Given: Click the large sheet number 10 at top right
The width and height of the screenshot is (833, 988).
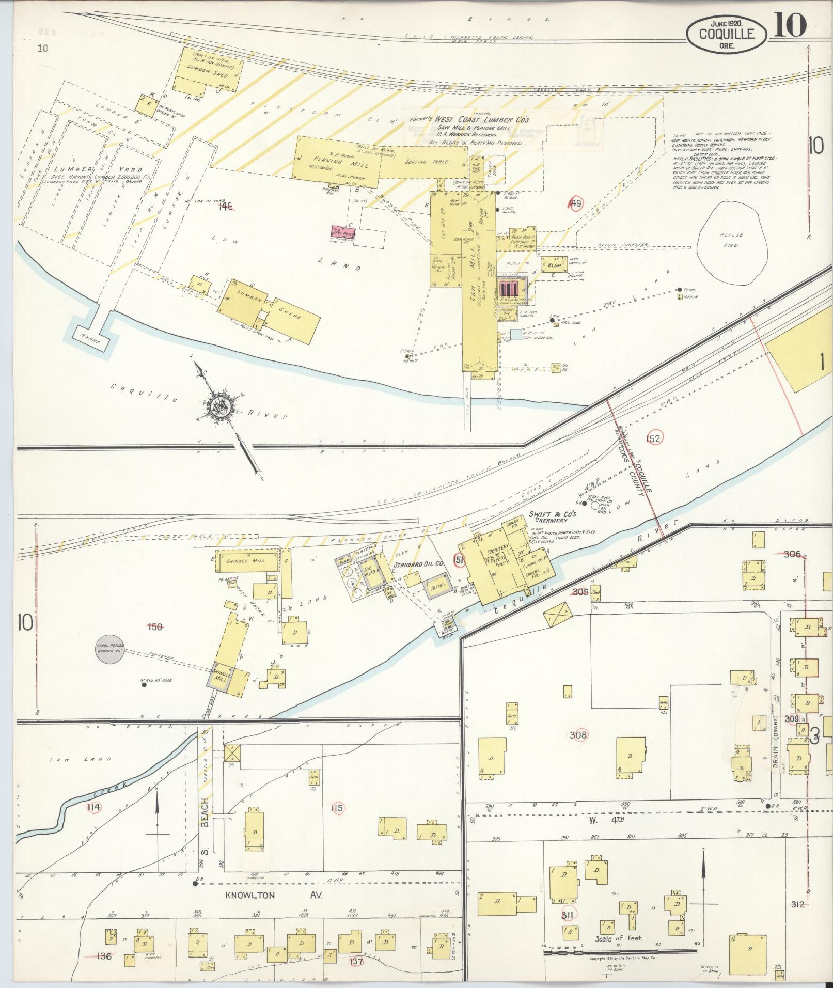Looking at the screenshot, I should [x=790, y=25].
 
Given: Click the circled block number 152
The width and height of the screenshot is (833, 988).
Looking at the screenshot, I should [x=653, y=438].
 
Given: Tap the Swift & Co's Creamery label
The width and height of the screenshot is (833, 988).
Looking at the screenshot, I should [x=552, y=517].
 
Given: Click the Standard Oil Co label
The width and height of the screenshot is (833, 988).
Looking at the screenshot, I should [x=418, y=564].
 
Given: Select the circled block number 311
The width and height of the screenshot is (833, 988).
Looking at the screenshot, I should [x=569, y=915].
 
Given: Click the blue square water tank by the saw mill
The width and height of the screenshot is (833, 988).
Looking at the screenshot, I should [x=516, y=335].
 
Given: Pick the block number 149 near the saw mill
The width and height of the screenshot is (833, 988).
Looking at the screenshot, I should [x=574, y=203].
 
